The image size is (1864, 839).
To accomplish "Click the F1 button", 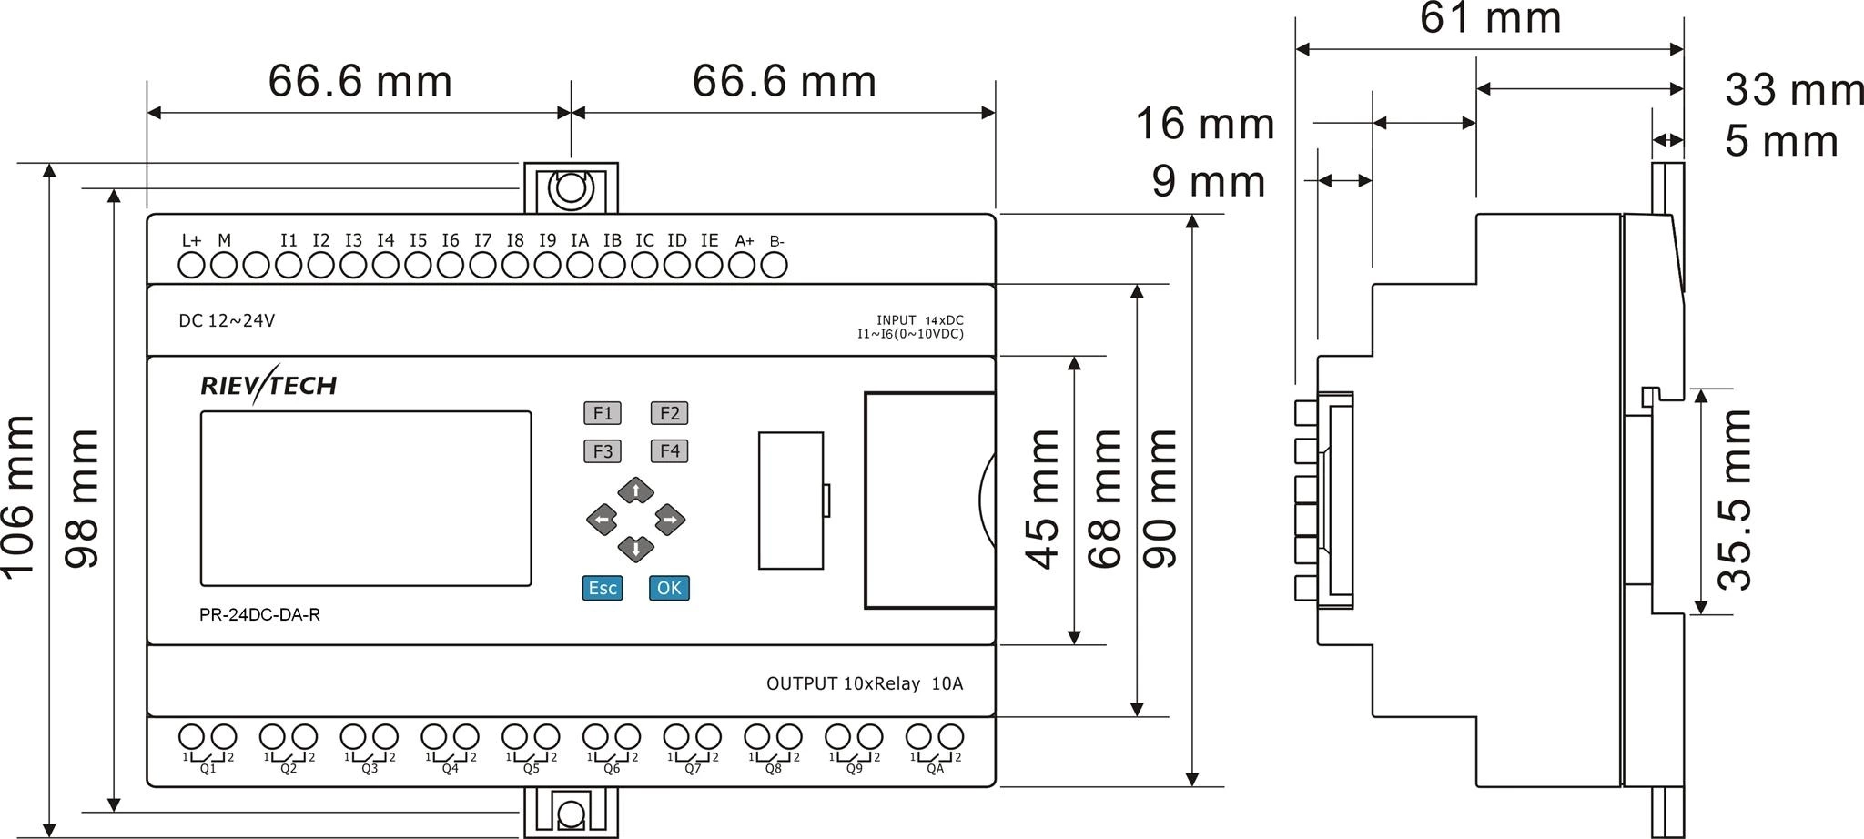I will coord(603,413).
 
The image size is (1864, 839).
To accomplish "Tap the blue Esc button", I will coord(603,588).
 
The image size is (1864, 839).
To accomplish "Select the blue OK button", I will coord(669,588).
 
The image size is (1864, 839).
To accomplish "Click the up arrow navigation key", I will coord(635,491).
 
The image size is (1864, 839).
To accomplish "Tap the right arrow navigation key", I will coord(669,521).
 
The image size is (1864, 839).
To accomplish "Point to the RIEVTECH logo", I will coord(268,386).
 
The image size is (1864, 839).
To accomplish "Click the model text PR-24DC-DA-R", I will coord(259,615).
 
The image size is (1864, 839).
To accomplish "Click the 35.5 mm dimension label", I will coord(1735,500).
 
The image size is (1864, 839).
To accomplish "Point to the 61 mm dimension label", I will coord(1490,18).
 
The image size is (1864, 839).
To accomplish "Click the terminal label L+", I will coord(191,241).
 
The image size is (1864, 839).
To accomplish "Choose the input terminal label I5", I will coord(418,241).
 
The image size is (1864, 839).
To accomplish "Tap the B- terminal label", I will coord(776,242).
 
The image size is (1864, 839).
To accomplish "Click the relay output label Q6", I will coord(612,769).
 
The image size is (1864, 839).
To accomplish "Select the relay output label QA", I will coord(935,769).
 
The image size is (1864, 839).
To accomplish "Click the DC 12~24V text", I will coord(227,321).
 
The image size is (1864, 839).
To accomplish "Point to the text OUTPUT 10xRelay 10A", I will coord(864,684).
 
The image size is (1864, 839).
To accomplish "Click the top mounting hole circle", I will coord(571,189).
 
